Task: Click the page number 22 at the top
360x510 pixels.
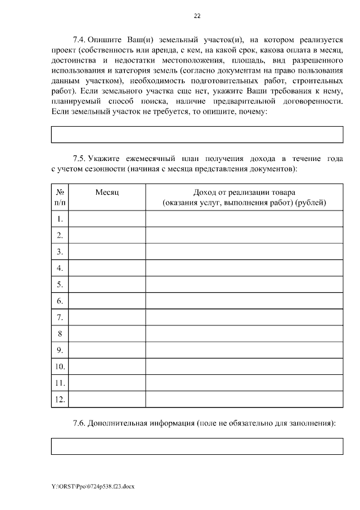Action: [197, 16]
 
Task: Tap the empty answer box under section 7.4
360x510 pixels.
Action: [197, 134]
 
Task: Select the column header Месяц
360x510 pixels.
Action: [107, 192]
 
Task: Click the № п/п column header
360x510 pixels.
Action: [60, 197]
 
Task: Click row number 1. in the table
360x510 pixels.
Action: [60, 218]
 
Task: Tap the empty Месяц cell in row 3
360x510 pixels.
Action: [107, 251]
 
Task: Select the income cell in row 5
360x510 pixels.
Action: [244, 284]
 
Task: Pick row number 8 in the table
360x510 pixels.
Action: [60, 334]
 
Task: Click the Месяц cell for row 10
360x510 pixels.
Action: [107, 366]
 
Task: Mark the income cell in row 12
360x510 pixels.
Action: [244, 400]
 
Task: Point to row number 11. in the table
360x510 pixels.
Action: [60, 383]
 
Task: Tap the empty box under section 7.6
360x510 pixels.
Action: [197, 446]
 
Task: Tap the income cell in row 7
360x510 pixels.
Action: [244, 317]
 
